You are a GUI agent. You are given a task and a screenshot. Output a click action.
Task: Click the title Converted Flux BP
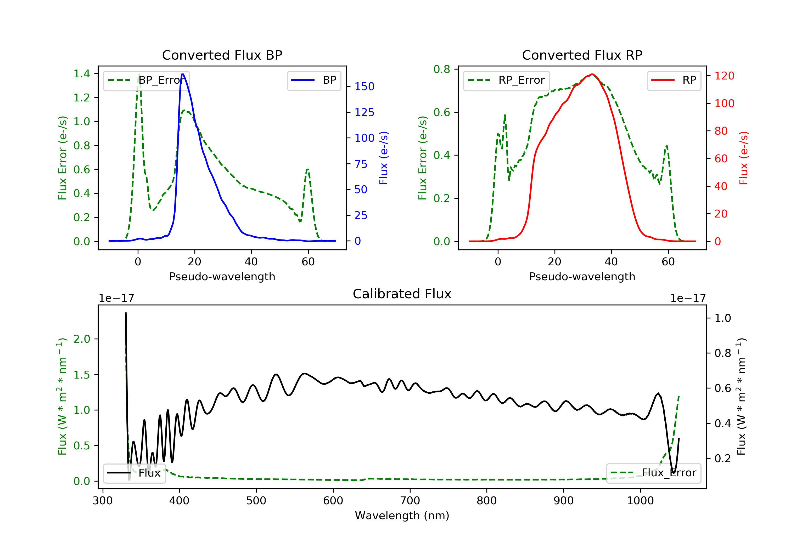[222, 55]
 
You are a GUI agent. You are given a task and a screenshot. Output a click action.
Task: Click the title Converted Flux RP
[582, 55]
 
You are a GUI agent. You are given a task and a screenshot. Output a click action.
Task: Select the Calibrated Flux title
[402, 294]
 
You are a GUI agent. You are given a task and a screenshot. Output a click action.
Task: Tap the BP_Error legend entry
[146, 80]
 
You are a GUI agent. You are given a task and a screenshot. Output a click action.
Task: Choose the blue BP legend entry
[314, 80]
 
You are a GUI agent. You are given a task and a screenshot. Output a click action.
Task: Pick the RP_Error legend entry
[506, 80]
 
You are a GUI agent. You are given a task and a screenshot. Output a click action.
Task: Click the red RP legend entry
[674, 80]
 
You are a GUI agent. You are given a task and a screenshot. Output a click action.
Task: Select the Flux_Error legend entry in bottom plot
[653, 473]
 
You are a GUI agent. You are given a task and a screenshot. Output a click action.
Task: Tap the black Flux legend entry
[134, 473]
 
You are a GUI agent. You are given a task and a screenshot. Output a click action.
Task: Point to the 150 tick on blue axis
[364, 87]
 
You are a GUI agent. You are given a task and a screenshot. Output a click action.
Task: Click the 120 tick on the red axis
[724, 76]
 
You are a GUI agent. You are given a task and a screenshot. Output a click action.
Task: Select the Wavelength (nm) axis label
[402, 516]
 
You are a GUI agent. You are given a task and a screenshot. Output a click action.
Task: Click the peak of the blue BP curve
[183, 74]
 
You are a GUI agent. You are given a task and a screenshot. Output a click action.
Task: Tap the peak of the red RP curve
[592, 74]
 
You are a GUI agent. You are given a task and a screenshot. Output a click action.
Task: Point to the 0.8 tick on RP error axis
[442, 69]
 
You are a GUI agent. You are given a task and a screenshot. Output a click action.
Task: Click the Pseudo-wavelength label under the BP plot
[222, 276]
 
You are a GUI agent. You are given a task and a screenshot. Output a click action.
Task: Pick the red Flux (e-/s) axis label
[744, 158]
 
